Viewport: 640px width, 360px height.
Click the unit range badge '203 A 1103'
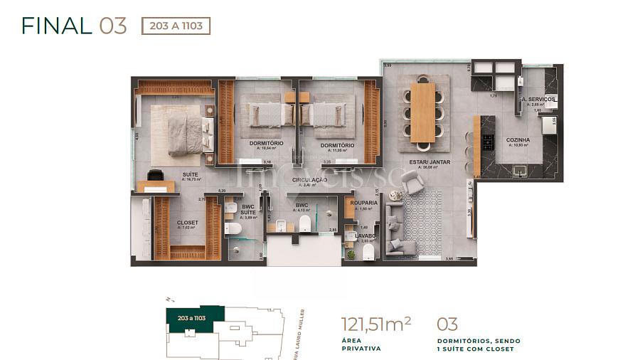(x=176, y=26)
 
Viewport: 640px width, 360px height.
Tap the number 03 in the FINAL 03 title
(x=113, y=26)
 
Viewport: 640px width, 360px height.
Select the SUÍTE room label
(x=190, y=174)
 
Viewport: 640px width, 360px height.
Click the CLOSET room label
(x=188, y=223)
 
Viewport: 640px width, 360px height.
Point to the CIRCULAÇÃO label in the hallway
(x=309, y=181)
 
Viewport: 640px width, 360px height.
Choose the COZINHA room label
(x=518, y=140)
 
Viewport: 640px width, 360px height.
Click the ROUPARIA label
(x=363, y=203)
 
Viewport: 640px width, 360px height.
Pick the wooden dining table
(x=422, y=112)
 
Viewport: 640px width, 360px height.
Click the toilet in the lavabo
(x=368, y=253)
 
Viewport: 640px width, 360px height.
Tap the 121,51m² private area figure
(x=376, y=324)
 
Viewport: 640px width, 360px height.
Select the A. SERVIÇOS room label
(x=538, y=99)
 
